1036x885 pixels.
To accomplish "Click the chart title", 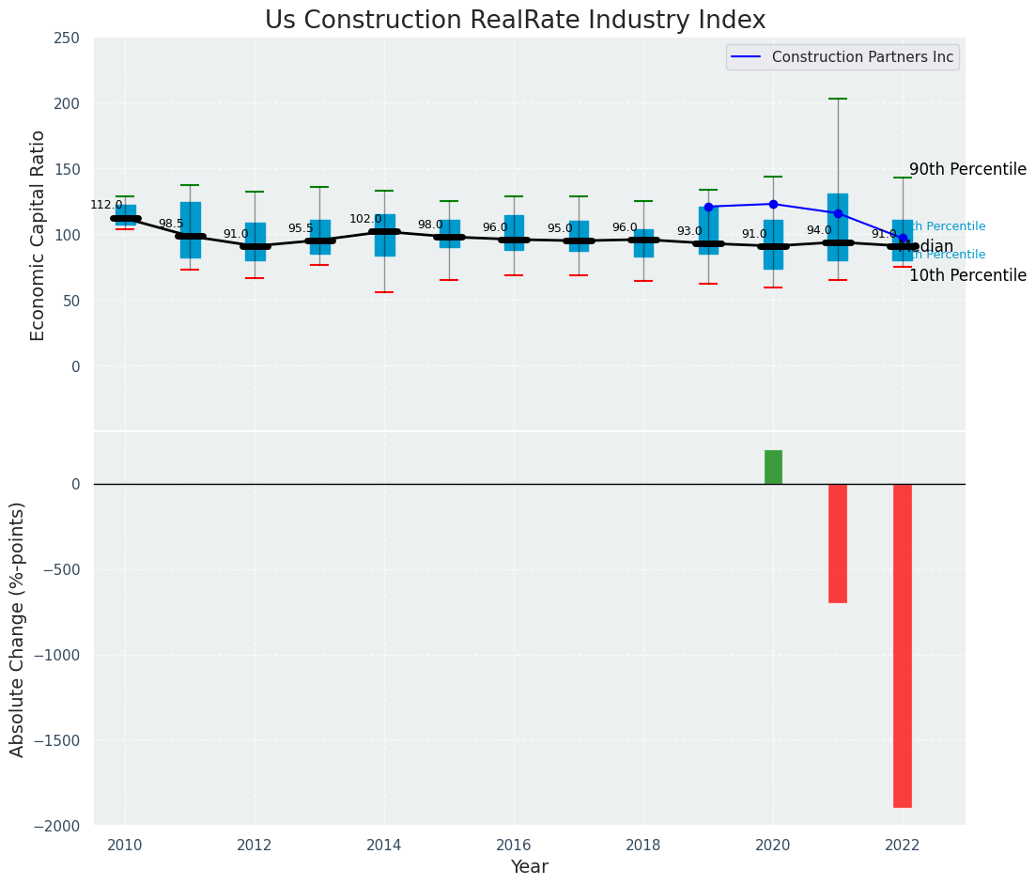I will (515, 21).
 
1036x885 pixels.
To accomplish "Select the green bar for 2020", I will (773, 467).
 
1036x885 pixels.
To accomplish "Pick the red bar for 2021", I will (838, 543).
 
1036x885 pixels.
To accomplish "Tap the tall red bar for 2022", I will (903, 645).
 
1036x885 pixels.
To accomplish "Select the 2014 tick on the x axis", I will (384, 846).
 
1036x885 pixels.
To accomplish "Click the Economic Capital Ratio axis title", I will (39, 235).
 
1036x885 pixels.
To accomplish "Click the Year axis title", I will (530, 867).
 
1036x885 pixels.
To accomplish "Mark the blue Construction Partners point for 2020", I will (773, 204).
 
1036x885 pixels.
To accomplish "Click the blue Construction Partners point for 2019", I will (708, 207).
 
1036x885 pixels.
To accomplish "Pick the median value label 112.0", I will (106, 205).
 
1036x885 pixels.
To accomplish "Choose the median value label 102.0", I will (365, 219).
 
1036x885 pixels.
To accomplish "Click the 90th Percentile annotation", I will (967, 170).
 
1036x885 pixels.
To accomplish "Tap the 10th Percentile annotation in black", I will (967, 276).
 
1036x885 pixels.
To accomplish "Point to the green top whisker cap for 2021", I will (838, 99).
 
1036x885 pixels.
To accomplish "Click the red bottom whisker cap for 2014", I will (384, 292).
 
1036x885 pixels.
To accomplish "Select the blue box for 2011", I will (191, 230).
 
